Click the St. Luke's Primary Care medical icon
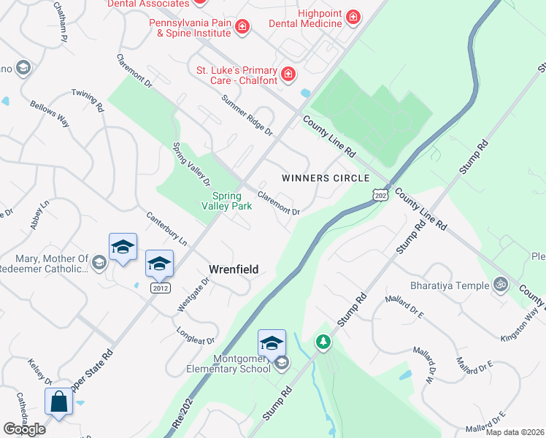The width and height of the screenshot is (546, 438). point(289,74)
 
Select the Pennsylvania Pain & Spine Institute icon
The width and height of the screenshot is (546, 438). point(242,28)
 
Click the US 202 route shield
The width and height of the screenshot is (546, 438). point(380,195)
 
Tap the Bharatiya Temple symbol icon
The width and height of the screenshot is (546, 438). point(500,284)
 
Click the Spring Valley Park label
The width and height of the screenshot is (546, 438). point(231,201)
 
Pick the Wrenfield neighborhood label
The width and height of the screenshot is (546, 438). point(234,269)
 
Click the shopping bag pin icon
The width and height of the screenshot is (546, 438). point(58,403)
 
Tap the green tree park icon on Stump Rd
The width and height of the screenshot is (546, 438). point(323,341)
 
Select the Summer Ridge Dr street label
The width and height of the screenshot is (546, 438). point(247,117)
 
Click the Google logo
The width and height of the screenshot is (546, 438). point(24,429)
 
